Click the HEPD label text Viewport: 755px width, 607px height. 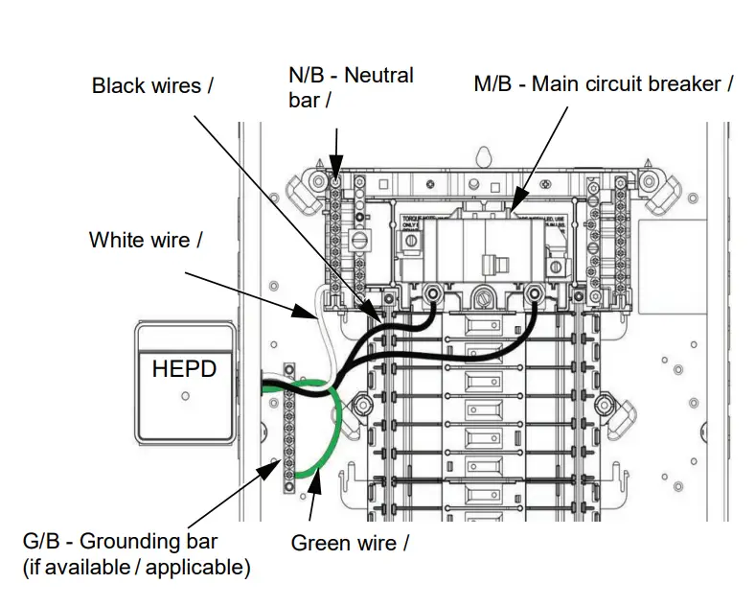coord(184,368)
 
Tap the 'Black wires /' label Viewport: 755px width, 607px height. coord(152,85)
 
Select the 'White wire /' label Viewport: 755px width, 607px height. coord(146,240)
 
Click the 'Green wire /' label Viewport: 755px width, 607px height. coord(350,543)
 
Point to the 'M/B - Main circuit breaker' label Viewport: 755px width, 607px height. coord(604,83)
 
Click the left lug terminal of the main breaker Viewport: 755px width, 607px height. coord(432,293)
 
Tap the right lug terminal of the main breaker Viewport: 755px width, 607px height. coord(534,293)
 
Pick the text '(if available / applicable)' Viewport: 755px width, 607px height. coord(136,568)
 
